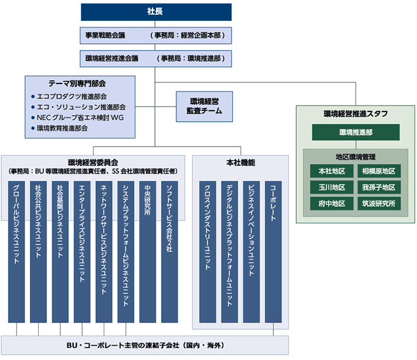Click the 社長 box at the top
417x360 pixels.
pos(156,12)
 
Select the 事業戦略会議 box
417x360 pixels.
pos(156,35)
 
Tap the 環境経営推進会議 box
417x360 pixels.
pos(156,58)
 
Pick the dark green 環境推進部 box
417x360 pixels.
pos(356,132)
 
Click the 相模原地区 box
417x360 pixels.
pos(382,171)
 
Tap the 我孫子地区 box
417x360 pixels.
pos(382,187)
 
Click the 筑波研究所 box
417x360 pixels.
pos(382,203)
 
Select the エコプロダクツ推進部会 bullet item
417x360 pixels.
pos(71,96)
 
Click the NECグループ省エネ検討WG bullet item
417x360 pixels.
pos(77,117)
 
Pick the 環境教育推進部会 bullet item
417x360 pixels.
pos(63,128)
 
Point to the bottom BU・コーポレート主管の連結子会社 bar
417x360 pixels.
pos(145,345)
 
